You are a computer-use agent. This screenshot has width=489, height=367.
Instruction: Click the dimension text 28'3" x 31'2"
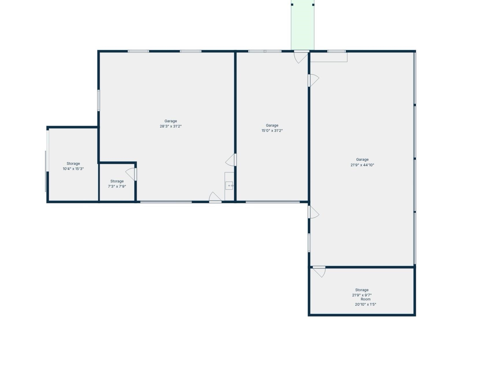(x=171, y=126)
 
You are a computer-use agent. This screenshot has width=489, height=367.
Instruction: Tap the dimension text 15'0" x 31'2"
(x=272, y=131)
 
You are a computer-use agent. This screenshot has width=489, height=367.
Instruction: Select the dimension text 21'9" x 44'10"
(x=362, y=165)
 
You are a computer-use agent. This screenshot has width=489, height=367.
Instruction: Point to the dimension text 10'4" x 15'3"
(x=73, y=169)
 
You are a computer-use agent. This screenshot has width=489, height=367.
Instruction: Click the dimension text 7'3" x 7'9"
(x=117, y=187)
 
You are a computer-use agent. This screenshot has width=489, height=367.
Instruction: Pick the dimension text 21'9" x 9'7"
(x=362, y=295)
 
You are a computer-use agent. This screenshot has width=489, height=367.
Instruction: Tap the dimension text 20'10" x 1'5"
(x=366, y=305)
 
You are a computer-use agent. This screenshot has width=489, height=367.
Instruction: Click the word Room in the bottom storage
(x=366, y=299)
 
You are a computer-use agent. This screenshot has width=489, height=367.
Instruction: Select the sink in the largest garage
(x=229, y=185)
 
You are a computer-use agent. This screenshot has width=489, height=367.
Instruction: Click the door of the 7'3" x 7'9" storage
(x=132, y=174)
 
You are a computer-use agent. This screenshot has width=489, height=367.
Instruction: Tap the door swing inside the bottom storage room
(x=320, y=272)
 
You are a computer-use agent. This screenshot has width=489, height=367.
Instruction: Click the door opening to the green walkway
(x=301, y=56)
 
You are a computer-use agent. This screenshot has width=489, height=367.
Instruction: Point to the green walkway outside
(x=302, y=25)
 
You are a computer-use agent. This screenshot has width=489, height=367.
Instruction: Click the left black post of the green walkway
(x=292, y=5)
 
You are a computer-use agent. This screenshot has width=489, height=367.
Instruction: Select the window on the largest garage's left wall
(x=99, y=100)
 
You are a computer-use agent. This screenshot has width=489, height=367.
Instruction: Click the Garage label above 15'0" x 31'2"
(x=272, y=126)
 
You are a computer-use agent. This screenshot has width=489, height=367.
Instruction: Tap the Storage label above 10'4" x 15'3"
(x=73, y=164)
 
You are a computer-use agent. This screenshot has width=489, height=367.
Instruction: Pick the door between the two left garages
(x=231, y=160)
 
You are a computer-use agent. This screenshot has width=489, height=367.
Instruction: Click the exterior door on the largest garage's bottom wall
(x=215, y=197)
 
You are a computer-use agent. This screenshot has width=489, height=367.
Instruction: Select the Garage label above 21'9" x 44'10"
(x=362, y=160)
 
